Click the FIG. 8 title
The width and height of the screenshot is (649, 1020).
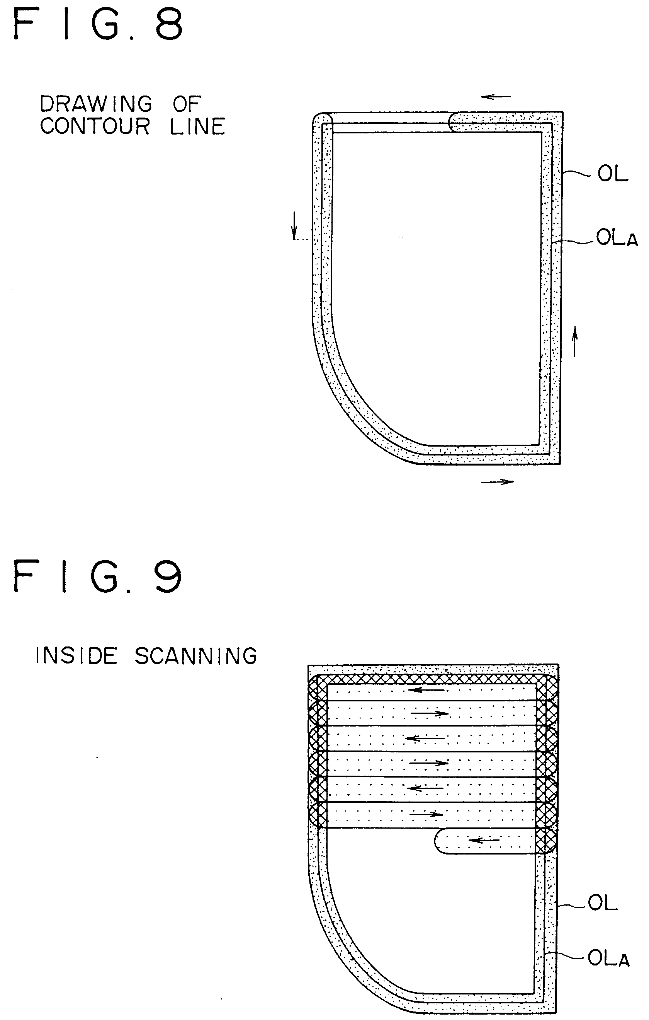point(99,24)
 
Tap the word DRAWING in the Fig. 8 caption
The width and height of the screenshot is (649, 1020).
point(96,104)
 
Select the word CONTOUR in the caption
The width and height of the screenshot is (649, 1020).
point(95,126)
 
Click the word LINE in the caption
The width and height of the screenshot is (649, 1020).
point(197,126)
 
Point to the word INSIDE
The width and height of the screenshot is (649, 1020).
point(76,656)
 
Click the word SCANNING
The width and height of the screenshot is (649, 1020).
point(196,656)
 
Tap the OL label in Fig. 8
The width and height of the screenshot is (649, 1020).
point(613,174)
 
